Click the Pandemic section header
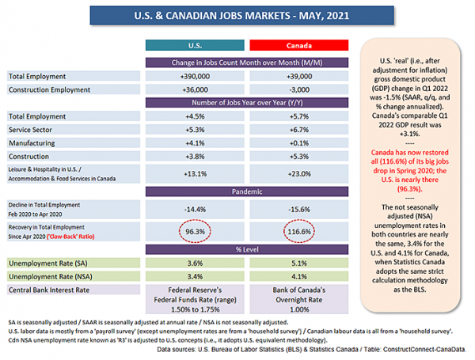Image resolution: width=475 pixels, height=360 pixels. [x=247, y=191]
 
